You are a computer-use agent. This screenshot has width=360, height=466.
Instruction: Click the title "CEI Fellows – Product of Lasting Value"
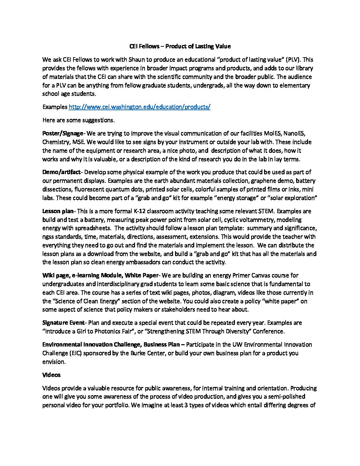180,46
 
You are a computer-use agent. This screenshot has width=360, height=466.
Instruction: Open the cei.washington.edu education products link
139,107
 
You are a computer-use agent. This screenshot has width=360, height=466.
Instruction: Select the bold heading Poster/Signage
63,134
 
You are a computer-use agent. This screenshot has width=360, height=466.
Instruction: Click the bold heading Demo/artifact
61,172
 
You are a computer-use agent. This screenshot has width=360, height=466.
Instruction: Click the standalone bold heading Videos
51,375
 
